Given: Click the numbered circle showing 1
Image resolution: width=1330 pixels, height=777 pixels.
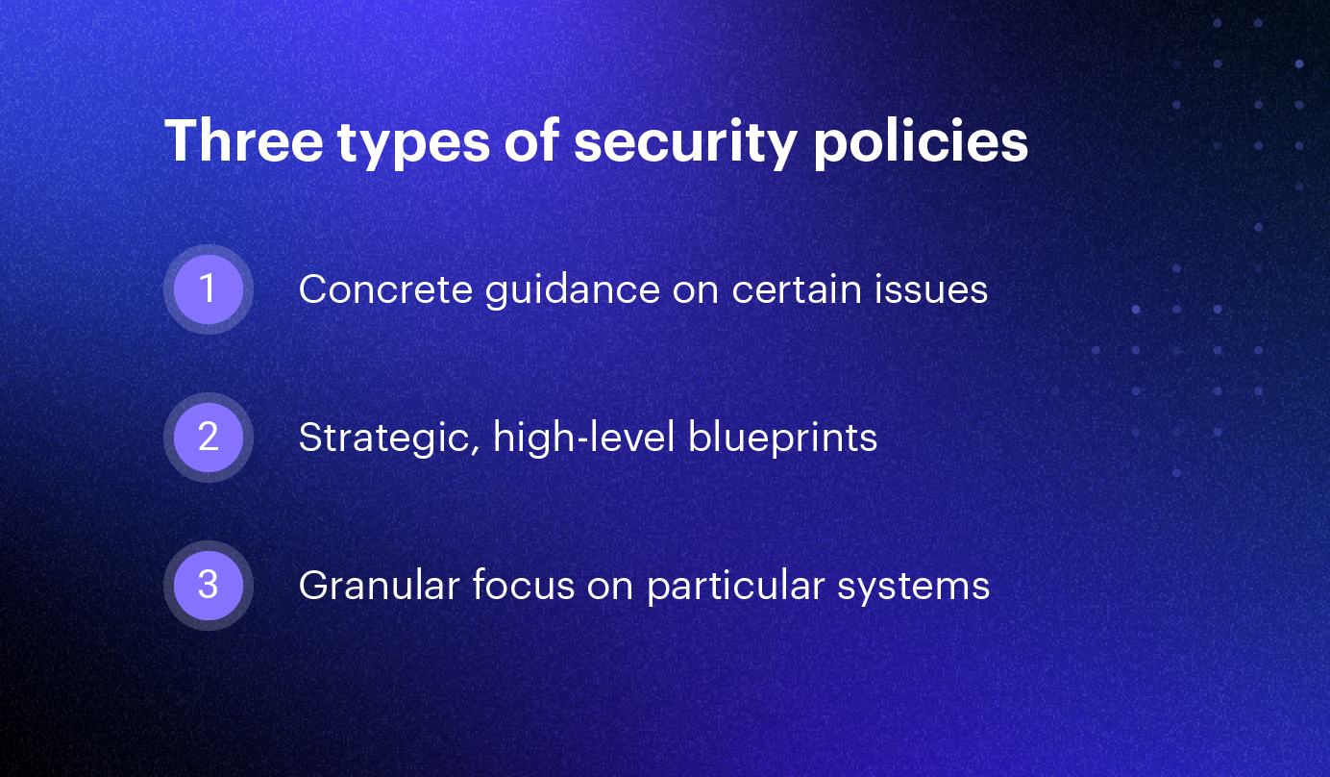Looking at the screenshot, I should (x=209, y=288).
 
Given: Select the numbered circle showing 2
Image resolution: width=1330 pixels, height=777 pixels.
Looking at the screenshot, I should (x=209, y=437).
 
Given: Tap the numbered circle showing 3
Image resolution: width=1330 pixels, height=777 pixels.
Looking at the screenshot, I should (x=209, y=585).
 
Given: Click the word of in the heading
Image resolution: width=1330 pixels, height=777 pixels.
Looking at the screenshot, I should (x=532, y=141).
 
